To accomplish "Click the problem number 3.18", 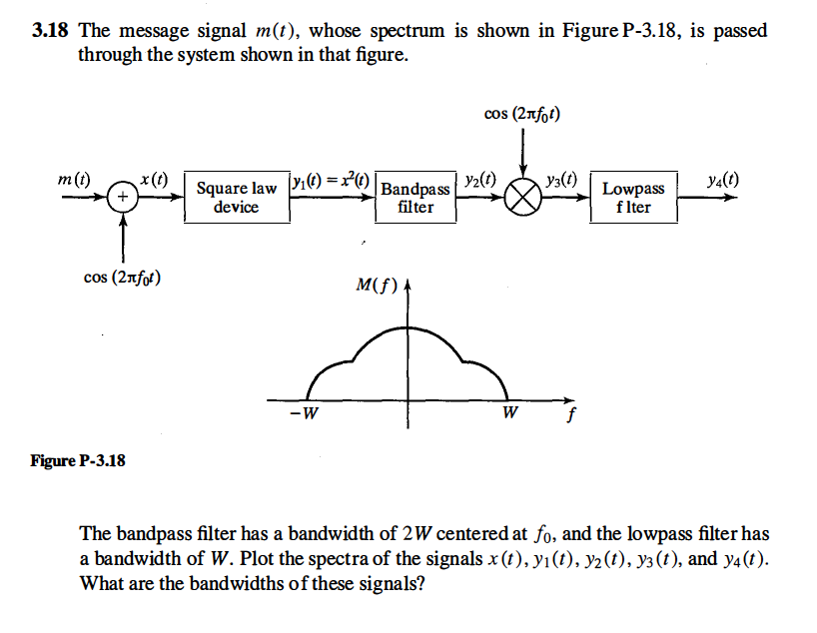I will click(50, 31).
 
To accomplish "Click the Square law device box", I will click(237, 198).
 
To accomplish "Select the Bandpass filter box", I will click(415, 198).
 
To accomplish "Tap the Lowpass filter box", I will click(633, 198).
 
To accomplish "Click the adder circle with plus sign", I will click(123, 198).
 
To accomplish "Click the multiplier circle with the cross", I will click(521, 198).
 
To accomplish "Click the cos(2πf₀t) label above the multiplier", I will click(521, 116).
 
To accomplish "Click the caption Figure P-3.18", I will click(77, 461).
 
